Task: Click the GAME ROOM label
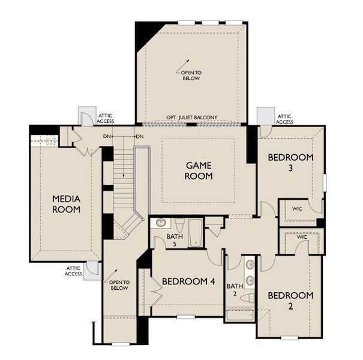(199, 170)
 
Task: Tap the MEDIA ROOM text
(66, 204)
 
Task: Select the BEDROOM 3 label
(290, 163)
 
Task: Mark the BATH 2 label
(233, 290)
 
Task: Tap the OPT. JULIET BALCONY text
(191, 118)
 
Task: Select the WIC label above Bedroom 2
(302, 238)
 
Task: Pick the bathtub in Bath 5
(196, 233)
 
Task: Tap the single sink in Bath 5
(160, 223)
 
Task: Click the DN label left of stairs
(107, 137)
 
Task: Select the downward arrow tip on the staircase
(124, 176)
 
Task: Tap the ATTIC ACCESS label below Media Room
(73, 271)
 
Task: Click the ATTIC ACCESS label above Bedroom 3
(284, 119)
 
